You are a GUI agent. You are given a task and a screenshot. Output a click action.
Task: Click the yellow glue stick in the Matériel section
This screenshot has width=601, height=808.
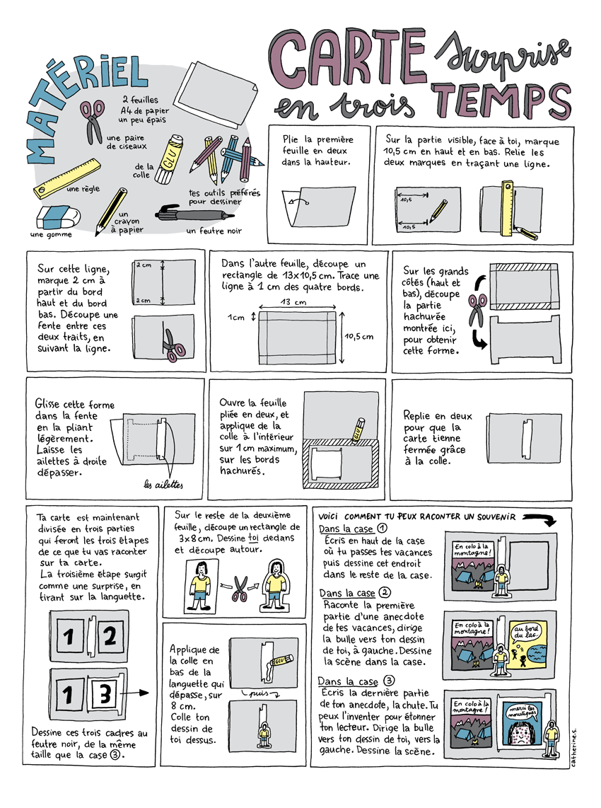point(168,159)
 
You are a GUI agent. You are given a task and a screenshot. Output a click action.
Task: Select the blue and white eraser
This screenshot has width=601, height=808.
point(58,217)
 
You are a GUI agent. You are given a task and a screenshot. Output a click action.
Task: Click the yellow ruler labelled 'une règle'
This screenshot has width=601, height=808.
point(67,179)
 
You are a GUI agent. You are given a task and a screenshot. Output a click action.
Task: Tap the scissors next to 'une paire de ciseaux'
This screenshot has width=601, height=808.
point(93,122)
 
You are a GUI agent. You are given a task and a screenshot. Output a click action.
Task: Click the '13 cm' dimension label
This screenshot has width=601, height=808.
point(293,302)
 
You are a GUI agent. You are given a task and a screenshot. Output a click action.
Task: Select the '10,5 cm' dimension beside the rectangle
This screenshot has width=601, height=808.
point(359,337)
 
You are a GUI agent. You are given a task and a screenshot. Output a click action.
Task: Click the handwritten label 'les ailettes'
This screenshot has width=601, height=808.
point(163,485)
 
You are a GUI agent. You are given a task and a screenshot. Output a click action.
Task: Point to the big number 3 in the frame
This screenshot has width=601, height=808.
point(105,693)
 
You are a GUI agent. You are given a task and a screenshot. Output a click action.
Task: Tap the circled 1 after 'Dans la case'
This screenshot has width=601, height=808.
point(382,529)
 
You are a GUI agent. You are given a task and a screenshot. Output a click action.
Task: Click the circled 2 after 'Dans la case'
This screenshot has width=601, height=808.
point(385,593)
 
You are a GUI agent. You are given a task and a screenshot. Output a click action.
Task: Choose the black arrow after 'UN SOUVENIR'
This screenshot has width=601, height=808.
point(539,519)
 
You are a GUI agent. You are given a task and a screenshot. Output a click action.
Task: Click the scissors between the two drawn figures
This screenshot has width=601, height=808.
point(240,589)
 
